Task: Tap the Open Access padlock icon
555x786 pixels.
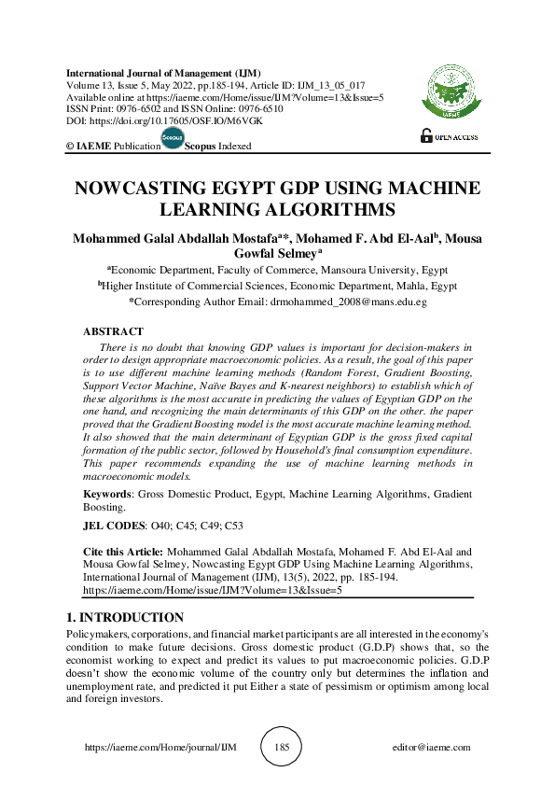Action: (427, 136)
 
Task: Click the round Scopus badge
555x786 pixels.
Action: (173, 138)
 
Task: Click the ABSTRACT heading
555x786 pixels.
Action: (113, 331)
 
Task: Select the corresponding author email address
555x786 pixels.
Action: (348, 302)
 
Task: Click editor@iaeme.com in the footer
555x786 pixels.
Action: (432, 748)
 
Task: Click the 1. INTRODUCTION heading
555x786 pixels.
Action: (126, 618)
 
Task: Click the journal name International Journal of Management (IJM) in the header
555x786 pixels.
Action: (163, 73)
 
